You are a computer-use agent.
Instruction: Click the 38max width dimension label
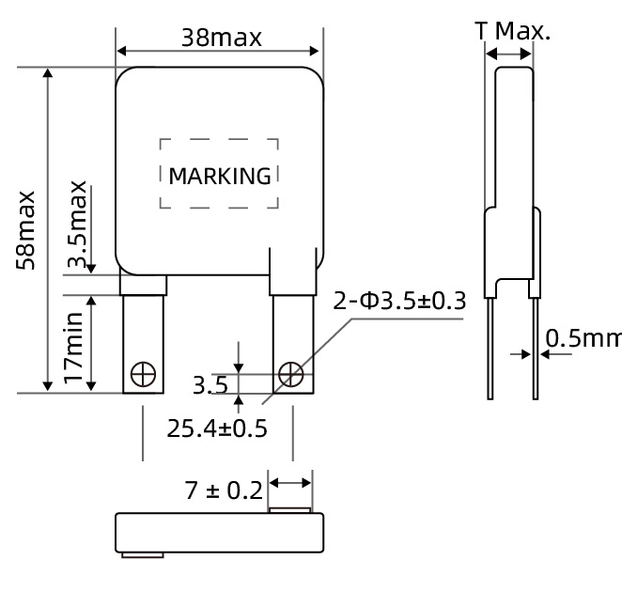[x=222, y=38]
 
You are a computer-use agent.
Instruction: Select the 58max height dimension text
[x=28, y=230]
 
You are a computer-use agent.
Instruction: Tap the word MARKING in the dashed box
[x=220, y=176]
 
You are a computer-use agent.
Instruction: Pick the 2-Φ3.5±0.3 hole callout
[x=399, y=302]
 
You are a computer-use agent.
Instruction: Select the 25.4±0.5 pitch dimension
[x=217, y=428]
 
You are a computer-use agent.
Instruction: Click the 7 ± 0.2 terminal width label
[x=221, y=490]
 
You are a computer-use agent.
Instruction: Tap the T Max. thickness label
[x=513, y=31]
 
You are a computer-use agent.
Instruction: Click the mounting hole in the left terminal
[x=143, y=375]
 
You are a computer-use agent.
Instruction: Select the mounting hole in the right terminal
[x=291, y=375]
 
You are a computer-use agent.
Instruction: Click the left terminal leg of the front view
[x=143, y=343]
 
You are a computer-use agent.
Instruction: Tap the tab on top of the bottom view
[x=290, y=510]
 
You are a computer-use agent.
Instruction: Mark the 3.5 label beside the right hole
[x=210, y=384]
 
